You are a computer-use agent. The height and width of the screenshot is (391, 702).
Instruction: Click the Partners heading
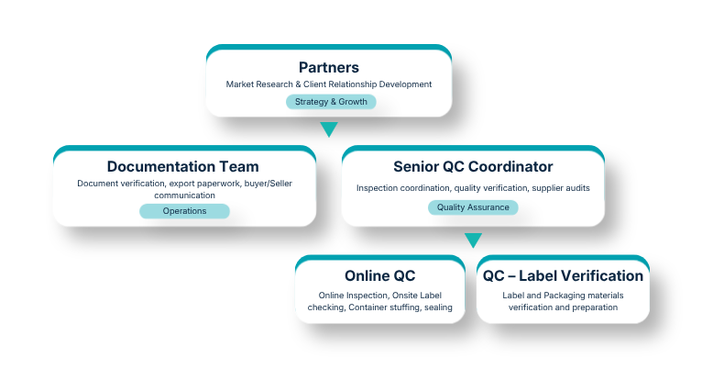[328, 67]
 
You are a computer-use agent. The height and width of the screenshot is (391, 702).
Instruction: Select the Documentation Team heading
[182, 166]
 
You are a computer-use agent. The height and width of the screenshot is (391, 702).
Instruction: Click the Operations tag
[184, 211]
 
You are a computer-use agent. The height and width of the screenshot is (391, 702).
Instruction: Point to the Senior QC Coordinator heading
[473, 166]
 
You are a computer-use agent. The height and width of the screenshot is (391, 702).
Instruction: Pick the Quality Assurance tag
[473, 207]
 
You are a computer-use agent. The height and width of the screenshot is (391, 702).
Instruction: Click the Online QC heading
[379, 275]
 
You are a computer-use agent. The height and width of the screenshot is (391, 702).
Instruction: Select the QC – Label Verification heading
[563, 275]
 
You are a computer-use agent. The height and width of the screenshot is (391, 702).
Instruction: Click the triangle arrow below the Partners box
[328, 129]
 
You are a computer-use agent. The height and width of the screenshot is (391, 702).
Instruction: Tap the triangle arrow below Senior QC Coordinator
[473, 240]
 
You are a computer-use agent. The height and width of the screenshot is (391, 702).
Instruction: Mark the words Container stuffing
[380, 307]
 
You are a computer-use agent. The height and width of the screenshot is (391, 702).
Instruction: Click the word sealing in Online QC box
[437, 307]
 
